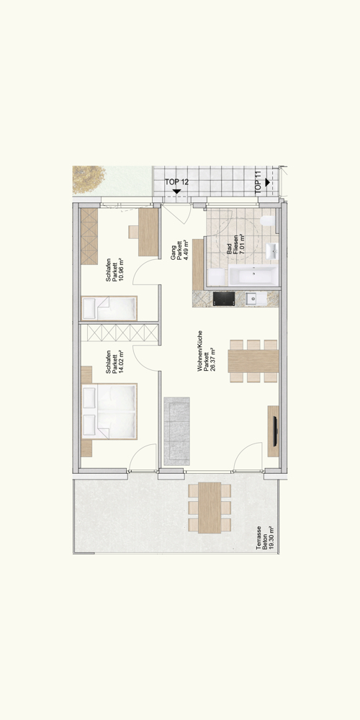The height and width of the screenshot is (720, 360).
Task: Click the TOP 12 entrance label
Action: coord(176,183)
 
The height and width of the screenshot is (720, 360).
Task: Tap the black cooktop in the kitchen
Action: coord(224,299)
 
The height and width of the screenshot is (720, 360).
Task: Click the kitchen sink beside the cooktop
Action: coord(252,298)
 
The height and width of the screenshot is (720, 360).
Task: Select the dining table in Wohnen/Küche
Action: coord(253,360)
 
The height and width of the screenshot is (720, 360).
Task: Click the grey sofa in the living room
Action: coord(176,431)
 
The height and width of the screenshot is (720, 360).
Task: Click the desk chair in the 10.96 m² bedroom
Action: coord(134,231)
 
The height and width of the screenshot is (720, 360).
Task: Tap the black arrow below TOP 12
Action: coord(176,192)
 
